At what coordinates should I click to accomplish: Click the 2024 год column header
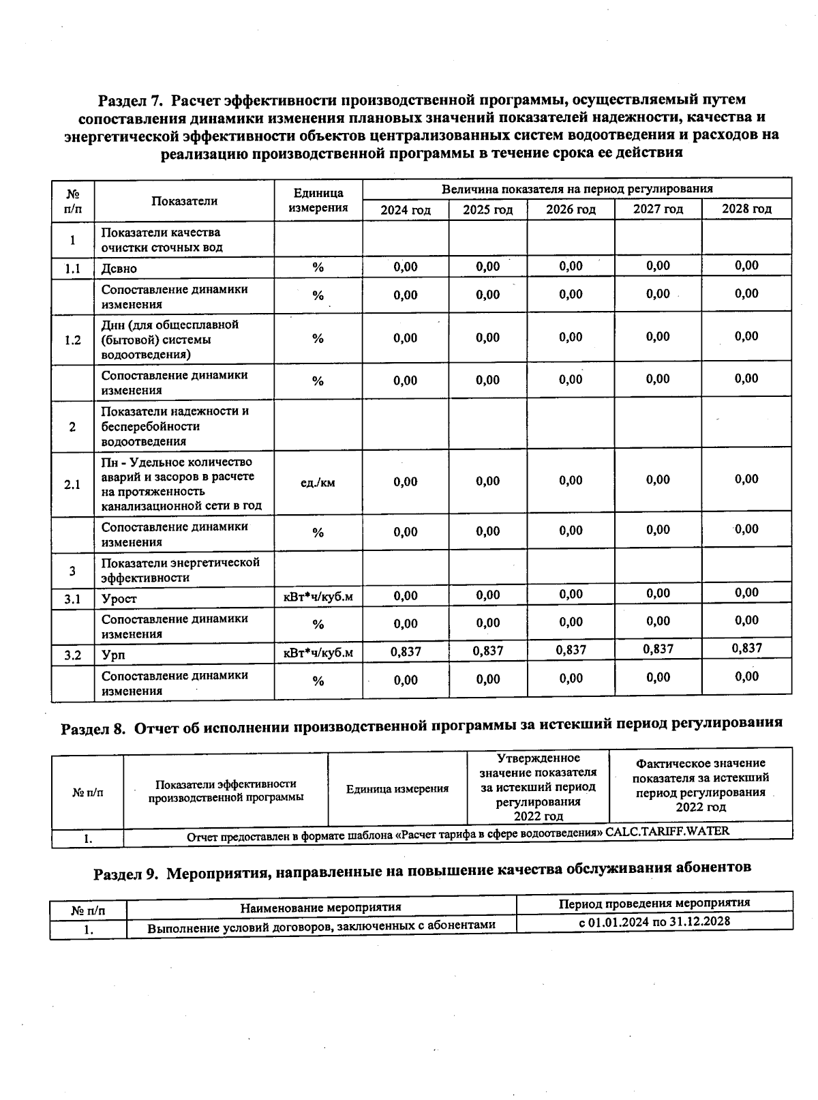(x=406, y=210)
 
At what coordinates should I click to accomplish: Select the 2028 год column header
(x=746, y=209)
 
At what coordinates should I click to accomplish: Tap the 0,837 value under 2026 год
(x=571, y=650)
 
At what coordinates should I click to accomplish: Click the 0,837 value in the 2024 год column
(x=406, y=652)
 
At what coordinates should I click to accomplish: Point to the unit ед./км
(x=318, y=483)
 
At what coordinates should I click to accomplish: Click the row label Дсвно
(x=119, y=269)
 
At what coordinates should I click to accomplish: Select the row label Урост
(x=119, y=599)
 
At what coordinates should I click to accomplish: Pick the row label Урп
(x=113, y=655)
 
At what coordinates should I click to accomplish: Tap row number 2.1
(x=72, y=485)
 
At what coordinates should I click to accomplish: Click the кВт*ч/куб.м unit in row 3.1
(x=318, y=597)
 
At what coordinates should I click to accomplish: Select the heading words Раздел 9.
(x=125, y=874)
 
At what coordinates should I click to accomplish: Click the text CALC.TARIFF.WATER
(x=667, y=831)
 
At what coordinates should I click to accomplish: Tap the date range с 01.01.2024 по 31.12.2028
(x=654, y=921)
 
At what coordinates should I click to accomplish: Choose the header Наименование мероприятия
(x=320, y=907)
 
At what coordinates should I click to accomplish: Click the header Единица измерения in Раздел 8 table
(x=397, y=789)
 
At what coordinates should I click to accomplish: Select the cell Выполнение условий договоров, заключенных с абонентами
(x=321, y=926)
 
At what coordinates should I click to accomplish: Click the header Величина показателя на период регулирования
(x=577, y=189)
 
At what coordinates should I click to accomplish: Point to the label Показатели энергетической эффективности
(x=181, y=570)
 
